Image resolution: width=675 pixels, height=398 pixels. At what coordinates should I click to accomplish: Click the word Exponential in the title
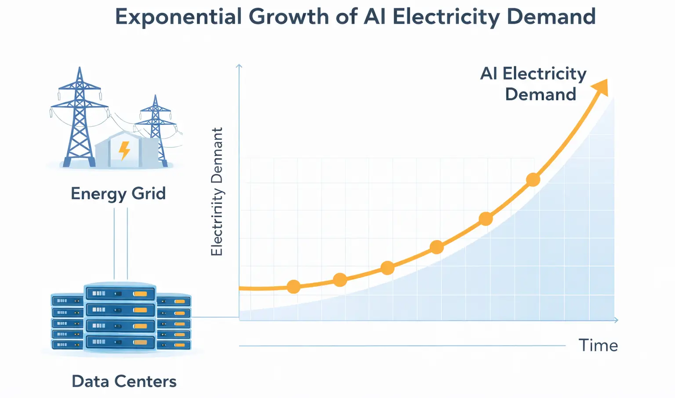tap(178, 17)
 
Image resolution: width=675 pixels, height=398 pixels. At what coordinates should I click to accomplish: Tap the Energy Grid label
tap(118, 194)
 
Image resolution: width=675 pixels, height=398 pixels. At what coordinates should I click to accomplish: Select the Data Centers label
tap(124, 381)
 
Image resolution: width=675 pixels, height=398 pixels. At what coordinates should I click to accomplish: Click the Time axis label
tap(598, 345)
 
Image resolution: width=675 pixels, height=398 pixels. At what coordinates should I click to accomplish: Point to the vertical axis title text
tap(217, 192)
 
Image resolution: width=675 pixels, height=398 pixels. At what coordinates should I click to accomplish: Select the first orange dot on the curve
tap(294, 287)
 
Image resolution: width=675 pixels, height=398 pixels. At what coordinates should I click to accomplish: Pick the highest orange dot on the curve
tap(533, 179)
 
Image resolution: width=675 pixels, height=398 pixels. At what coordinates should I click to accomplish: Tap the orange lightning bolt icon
tap(125, 150)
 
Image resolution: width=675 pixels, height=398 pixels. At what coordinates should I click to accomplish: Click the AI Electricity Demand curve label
tap(533, 84)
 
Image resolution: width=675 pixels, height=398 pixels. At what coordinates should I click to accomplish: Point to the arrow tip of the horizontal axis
tap(617, 320)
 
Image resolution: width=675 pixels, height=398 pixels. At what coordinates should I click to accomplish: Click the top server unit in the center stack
tap(120, 293)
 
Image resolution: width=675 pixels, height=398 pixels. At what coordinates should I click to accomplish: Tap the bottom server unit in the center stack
tap(120, 342)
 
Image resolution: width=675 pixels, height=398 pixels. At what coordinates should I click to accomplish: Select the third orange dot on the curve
tap(387, 267)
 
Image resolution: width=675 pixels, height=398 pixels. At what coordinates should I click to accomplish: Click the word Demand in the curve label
tap(541, 94)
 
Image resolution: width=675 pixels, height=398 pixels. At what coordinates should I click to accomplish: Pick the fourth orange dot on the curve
tap(436, 247)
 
